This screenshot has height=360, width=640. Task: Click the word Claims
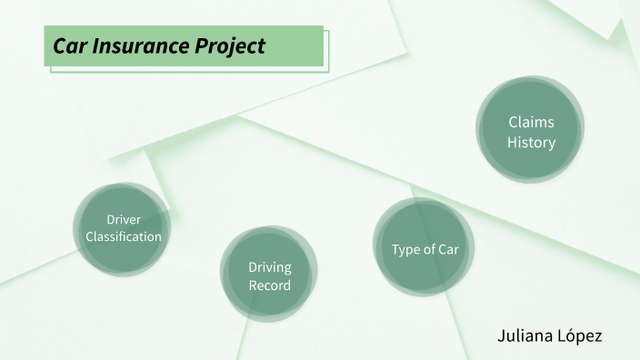click(531, 122)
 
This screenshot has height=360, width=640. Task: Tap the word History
click(531, 143)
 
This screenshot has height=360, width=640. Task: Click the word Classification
click(124, 236)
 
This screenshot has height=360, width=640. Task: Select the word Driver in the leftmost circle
click(124, 220)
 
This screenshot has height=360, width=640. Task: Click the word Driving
click(270, 267)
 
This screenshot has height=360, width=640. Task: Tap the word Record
click(270, 285)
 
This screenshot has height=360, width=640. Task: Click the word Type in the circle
click(406, 249)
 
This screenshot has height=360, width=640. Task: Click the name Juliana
click(524, 335)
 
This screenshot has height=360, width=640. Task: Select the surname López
click(579, 335)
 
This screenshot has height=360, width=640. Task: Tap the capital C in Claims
click(514, 122)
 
